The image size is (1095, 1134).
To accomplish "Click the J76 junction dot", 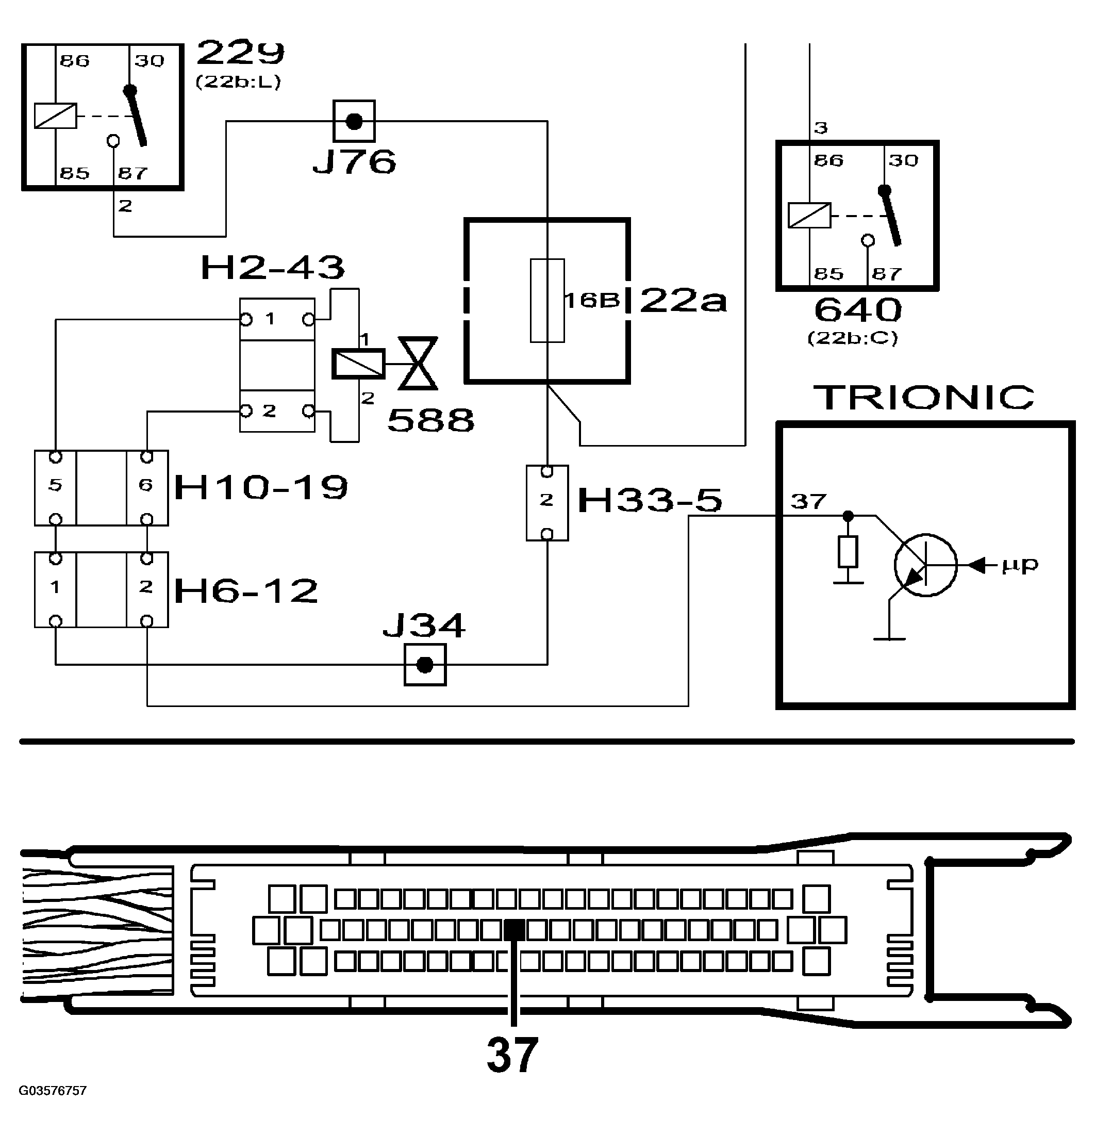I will pos(354,122).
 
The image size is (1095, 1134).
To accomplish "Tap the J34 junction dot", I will pos(425,665).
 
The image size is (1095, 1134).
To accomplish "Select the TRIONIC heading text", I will pos(923,398).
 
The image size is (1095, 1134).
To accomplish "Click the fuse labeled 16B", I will pos(547,300).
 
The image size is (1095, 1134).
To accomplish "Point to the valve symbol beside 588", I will pos(418,364).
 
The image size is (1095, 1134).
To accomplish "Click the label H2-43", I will pos(272,268).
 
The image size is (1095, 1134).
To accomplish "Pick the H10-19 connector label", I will pos(261,487).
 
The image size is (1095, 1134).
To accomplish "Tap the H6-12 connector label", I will pos(246,590).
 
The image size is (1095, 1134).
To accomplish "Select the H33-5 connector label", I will pos(650,500).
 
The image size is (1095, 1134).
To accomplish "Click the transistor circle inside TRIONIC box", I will pos(925,565).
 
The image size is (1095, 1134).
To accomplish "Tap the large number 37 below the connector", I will pos(512,1055).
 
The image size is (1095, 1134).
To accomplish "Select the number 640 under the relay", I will pos(857,310).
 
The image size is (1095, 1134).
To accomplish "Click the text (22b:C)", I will pos(853,338).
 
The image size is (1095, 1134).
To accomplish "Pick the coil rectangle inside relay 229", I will pos(55,116).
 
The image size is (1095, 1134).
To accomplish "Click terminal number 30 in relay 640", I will pos(903,160).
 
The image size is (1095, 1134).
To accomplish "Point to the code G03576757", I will pos(53,1091).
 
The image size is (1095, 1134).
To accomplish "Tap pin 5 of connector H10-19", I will pos(55,485).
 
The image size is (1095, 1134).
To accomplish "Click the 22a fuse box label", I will pos(683,301).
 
